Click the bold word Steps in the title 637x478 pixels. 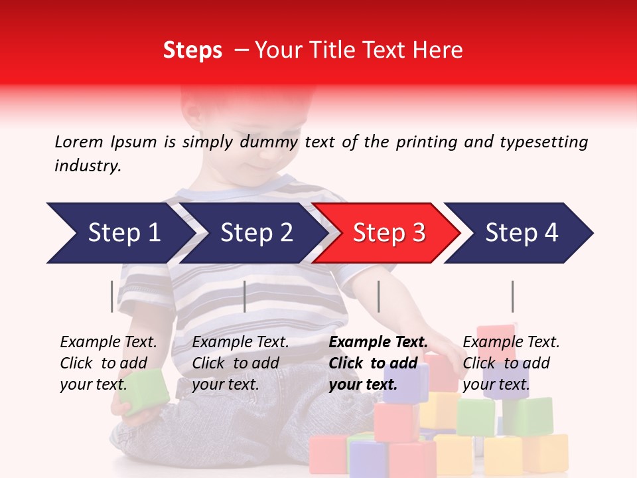point(192,50)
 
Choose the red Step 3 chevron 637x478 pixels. point(389,233)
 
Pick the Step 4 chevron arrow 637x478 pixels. point(522,233)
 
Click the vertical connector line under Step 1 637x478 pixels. point(111,296)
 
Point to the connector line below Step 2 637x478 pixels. point(245,296)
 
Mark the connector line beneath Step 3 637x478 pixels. point(378,296)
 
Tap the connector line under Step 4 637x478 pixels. point(512,296)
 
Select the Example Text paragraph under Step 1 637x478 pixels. point(108,363)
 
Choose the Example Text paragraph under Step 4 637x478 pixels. point(511,363)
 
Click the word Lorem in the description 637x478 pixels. point(79,141)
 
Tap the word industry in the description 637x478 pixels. point(87,166)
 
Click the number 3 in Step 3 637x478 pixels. point(418,233)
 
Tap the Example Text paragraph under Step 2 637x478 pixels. point(240,363)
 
